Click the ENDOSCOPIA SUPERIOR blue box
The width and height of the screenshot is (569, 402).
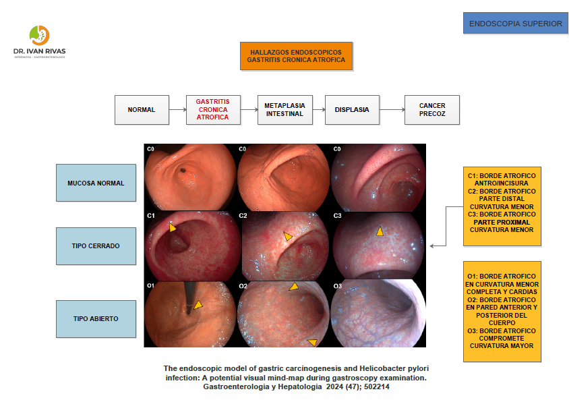515,24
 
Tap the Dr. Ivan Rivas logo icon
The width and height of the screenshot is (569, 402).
39,35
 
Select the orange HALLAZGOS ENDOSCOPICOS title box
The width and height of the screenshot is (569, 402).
296,56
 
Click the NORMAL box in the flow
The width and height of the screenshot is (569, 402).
142,110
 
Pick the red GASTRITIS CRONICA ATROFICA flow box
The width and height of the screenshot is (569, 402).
212,110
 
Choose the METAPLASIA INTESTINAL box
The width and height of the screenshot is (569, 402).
284,110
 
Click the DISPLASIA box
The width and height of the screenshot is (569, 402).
352,110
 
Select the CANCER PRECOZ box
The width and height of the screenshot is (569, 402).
431,110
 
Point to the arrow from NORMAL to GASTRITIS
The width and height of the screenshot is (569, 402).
177,110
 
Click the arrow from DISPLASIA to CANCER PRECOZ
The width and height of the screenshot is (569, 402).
391,110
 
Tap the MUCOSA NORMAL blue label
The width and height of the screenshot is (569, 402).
96,183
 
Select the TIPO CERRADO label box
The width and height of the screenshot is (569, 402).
96,246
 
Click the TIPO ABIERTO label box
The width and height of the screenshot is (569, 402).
96,318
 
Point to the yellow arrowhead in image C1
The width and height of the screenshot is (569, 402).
173,228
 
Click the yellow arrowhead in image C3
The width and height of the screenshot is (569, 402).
380,231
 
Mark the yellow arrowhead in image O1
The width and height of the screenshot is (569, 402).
198,306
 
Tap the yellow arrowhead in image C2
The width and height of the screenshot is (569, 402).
288,237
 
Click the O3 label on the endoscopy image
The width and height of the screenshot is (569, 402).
338,287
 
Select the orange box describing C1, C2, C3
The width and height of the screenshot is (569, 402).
502,206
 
